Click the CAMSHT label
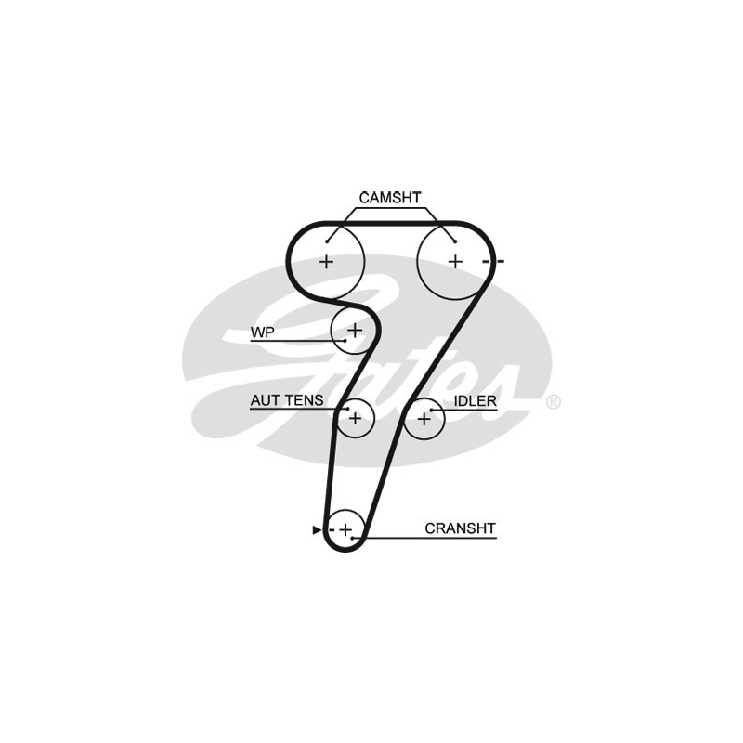390,197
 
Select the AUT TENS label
286,400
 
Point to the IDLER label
476,400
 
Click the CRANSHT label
460,528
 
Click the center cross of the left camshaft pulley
326,262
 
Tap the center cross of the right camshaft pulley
454,262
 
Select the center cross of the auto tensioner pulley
353,419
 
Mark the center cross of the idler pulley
424,419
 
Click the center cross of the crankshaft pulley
345,530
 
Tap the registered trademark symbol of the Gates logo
553,402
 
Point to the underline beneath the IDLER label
469,411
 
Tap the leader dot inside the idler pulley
433,410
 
